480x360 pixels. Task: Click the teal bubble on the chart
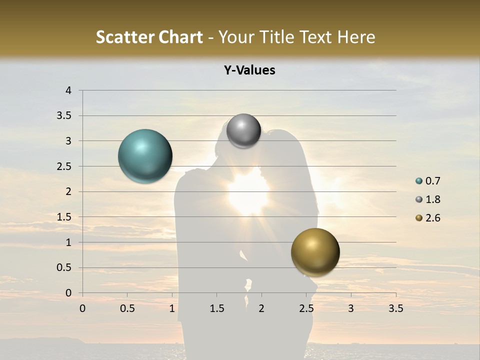[x=145, y=156]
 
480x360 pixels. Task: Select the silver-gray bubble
[x=243, y=131]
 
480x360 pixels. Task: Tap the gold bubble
[x=315, y=252]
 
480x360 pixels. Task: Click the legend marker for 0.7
[x=419, y=181]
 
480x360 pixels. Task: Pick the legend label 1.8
[x=433, y=199]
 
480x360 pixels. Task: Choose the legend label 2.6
[x=433, y=218]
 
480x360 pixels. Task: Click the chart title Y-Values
[x=249, y=70]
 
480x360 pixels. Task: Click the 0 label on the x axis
[x=83, y=308]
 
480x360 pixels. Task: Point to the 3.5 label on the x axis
[x=395, y=308]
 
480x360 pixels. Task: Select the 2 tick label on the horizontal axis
[x=261, y=308]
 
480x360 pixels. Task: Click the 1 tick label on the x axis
[x=172, y=308]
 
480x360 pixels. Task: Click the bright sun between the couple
[x=248, y=192]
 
